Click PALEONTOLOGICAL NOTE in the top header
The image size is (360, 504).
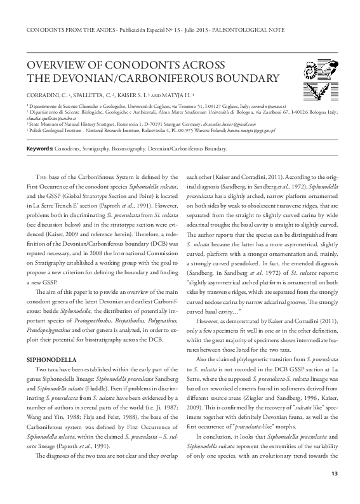(288, 29)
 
